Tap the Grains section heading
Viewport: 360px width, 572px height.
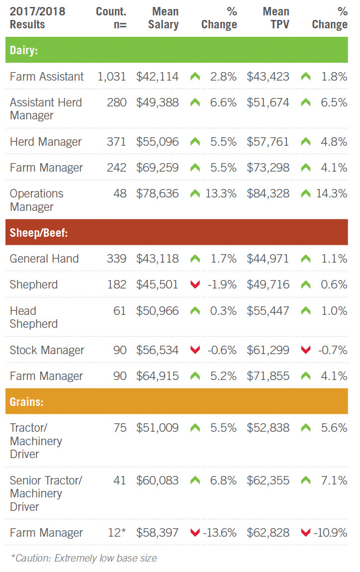tap(26, 401)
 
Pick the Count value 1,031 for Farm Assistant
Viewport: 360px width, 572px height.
tap(112, 77)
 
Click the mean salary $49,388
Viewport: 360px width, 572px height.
tap(157, 102)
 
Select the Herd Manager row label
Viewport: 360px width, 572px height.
tap(46, 142)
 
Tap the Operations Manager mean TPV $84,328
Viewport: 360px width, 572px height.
tap(268, 193)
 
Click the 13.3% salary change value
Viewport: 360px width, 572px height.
tap(221, 193)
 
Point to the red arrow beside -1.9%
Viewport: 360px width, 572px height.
tap(195, 285)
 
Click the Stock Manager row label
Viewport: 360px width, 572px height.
tap(47, 350)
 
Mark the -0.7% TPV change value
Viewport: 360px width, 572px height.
tap(333, 350)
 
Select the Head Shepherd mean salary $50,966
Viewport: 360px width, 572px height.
tap(157, 311)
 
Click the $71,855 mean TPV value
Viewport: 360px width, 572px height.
tap(268, 376)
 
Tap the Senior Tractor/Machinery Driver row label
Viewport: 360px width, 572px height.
tap(46, 493)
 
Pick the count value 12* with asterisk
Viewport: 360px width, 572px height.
tap(117, 533)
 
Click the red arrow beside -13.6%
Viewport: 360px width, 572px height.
tap(195, 533)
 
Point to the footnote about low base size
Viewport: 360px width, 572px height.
tap(84, 558)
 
